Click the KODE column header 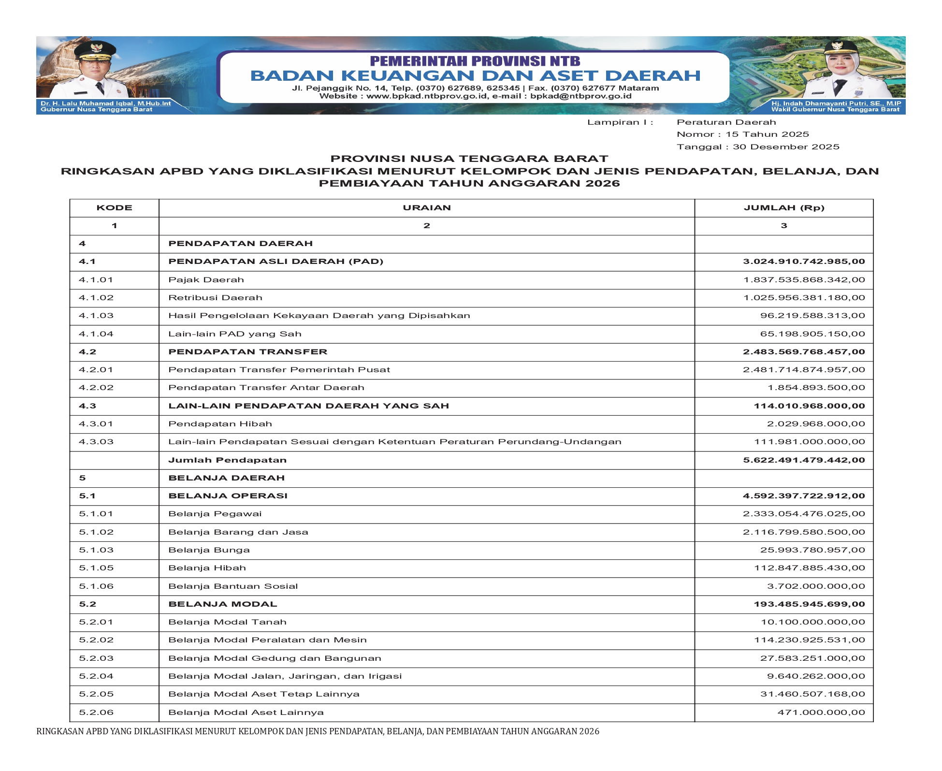click(x=114, y=208)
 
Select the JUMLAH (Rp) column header click(x=783, y=208)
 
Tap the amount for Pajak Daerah click(x=804, y=280)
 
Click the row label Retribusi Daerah click(x=215, y=298)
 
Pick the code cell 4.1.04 click(x=96, y=334)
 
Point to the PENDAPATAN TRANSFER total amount click(x=804, y=352)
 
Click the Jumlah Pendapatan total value click(x=804, y=460)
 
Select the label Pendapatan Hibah click(x=220, y=424)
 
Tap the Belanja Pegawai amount click(x=804, y=514)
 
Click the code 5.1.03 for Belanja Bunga click(x=96, y=550)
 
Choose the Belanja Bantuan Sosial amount click(x=816, y=586)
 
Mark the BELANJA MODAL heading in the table click(x=222, y=604)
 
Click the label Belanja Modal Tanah click(x=227, y=622)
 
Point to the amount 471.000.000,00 click(x=821, y=713)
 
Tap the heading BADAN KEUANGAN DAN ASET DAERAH click(x=475, y=76)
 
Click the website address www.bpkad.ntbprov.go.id click(x=427, y=96)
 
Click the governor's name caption click(x=105, y=103)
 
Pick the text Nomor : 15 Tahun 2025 click(x=742, y=134)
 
